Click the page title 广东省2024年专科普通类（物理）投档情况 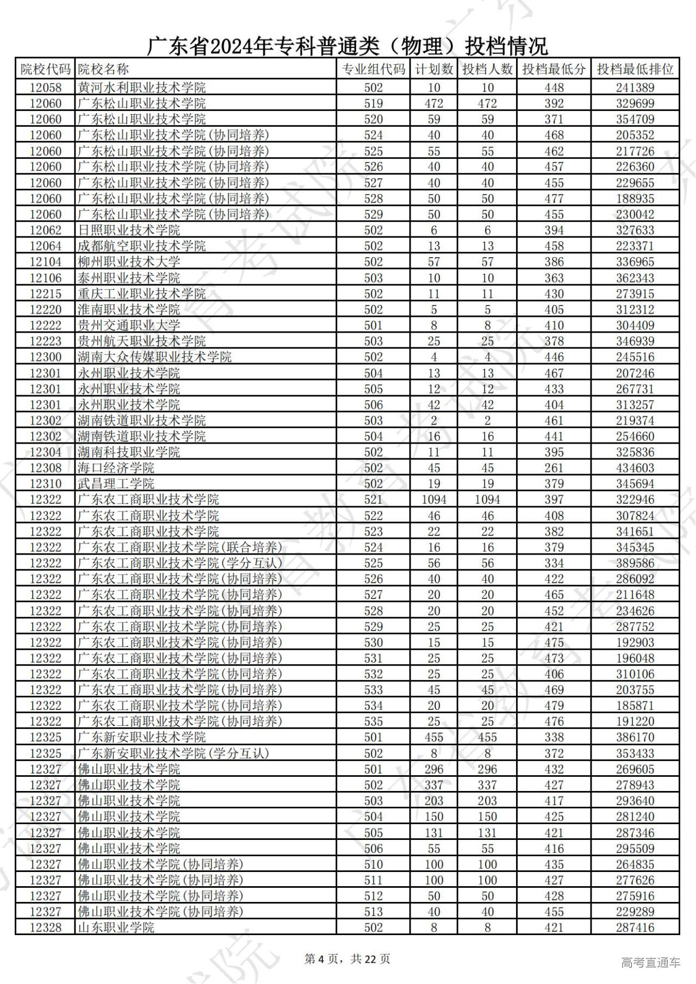click(347, 47)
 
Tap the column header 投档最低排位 click(635, 70)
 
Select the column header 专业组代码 click(373, 70)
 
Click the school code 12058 click(46, 88)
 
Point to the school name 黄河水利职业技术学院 click(141, 88)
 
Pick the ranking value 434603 click(635, 468)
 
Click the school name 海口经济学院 click(116, 468)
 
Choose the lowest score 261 click(554, 468)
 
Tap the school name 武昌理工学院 click(116, 484)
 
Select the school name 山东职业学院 click(116, 927)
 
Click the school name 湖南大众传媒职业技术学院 click(154, 357)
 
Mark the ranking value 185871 click(635, 706)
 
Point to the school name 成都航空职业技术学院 click(141, 246)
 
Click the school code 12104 click(46, 262)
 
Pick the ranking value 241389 click(635, 88)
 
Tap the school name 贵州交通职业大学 click(128, 326)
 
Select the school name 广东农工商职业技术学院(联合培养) click(180, 547)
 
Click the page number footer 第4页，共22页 click(347, 959)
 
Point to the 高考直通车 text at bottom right click(650, 962)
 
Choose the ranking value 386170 click(635, 738)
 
